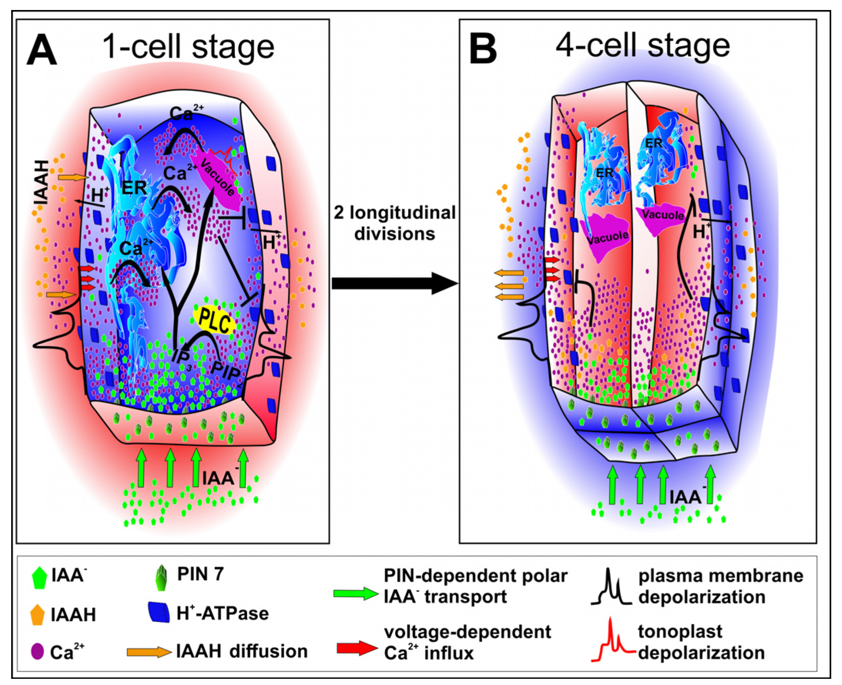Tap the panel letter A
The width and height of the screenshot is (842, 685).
tap(42, 49)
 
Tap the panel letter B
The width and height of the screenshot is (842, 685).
tap(482, 49)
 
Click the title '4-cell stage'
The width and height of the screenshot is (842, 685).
tap(642, 46)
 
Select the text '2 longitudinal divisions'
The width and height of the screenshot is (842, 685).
tap(395, 223)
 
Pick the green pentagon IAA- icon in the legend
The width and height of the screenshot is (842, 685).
tap(39, 577)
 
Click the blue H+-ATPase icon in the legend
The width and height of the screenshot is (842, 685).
tap(159, 613)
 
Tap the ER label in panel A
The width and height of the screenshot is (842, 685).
tap(134, 188)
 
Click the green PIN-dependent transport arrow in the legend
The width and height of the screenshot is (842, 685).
tap(355, 593)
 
